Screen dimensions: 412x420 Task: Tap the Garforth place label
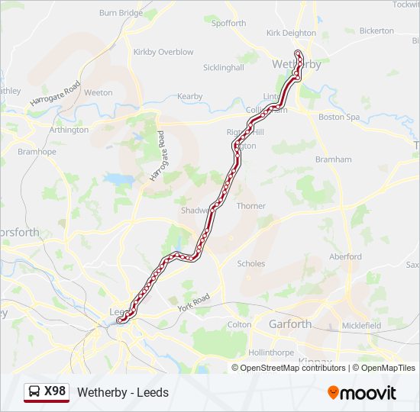pyautogui.click(x=290, y=324)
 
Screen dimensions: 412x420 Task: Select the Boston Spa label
pyautogui.click(x=338, y=117)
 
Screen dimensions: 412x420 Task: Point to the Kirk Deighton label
pyautogui.click(x=291, y=33)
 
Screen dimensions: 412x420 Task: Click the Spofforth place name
pyautogui.click(x=229, y=24)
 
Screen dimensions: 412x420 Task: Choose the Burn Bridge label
pyautogui.click(x=121, y=13)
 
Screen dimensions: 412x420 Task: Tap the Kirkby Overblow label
pyautogui.click(x=163, y=52)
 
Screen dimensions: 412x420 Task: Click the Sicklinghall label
pyautogui.click(x=224, y=67)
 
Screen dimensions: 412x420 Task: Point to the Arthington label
pyautogui.click(x=69, y=130)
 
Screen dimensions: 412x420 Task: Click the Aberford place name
pyautogui.click(x=345, y=257)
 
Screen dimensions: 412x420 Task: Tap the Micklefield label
pyautogui.click(x=361, y=325)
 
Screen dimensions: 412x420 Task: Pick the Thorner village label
pyautogui.click(x=251, y=206)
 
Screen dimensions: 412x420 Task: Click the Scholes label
pyautogui.click(x=251, y=264)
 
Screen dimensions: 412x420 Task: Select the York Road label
pyautogui.click(x=193, y=301)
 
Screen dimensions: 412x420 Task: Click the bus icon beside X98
pyautogui.click(x=35, y=392)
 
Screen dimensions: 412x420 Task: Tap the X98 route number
pyautogui.click(x=55, y=392)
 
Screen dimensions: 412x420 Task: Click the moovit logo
pyautogui.click(x=362, y=393)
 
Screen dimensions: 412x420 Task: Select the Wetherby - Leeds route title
pyautogui.click(x=123, y=393)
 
